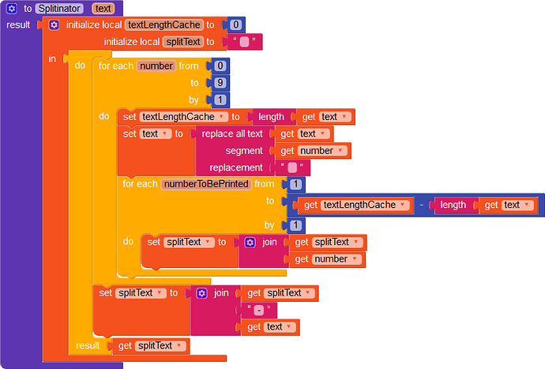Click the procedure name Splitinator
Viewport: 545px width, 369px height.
click(x=59, y=9)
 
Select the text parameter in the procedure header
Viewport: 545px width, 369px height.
click(x=103, y=9)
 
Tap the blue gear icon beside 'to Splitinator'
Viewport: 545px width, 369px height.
click(x=12, y=9)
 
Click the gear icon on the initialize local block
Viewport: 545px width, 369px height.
click(x=54, y=25)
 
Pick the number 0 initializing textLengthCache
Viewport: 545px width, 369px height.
click(x=235, y=24)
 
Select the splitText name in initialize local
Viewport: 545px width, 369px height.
click(x=183, y=42)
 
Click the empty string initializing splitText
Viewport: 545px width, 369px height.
click(x=244, y=42)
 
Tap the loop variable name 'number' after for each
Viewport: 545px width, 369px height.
click(x=156, y=66)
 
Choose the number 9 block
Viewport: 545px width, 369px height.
click(x=220, y=83)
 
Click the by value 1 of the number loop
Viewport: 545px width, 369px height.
click(x=220, y=100)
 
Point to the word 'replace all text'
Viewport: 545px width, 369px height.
click(x=232, y=134)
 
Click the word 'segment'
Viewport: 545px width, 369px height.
click(x=244, y=151)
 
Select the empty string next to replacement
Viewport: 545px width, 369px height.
click(x=292, y=168)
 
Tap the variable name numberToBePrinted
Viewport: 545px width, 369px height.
click(x=206, y=184)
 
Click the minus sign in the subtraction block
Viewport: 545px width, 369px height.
click(x=421, y=205)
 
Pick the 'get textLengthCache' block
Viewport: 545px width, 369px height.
click(x=354, y=205)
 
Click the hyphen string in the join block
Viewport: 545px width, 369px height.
click(x=259, y=310)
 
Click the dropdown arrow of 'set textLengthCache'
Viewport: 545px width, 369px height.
click(x=221, y=116)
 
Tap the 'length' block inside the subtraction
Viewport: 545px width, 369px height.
click(x=453, y=205)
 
